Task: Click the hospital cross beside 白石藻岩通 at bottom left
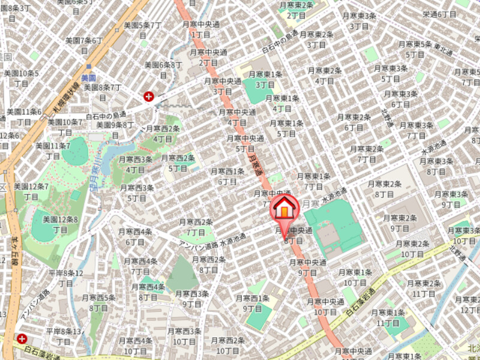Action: [x=22, y=339]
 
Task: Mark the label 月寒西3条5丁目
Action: [x=137, y=193]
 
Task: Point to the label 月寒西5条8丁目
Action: [x=98, y=302]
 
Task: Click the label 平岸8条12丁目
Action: [x=65, y=278]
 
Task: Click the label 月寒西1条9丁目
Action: [x=253, y=303]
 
